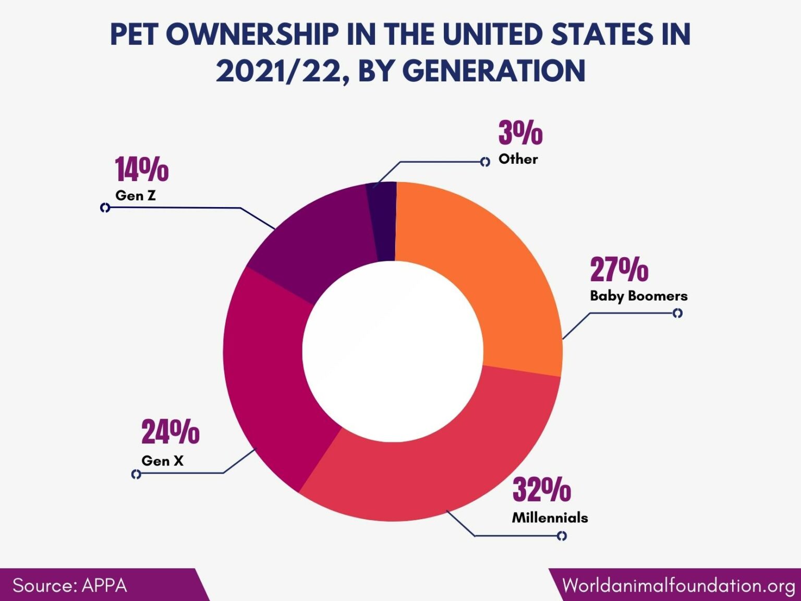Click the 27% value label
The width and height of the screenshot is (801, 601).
619,270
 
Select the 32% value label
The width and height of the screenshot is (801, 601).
541,490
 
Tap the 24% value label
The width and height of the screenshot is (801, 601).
170,432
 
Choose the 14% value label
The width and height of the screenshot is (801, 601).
141,170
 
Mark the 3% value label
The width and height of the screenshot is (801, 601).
520,133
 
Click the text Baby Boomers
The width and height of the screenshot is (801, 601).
638,296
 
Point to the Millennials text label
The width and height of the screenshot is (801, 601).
550,518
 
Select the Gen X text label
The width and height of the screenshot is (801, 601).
162,461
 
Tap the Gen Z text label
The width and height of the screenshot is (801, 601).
136,196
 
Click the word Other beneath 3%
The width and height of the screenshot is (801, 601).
518,159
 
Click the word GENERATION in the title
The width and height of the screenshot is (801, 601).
494,71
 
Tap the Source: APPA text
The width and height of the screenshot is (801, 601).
70,585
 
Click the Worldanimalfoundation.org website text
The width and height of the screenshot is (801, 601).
678,585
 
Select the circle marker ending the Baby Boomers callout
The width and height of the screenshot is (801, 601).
677,313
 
